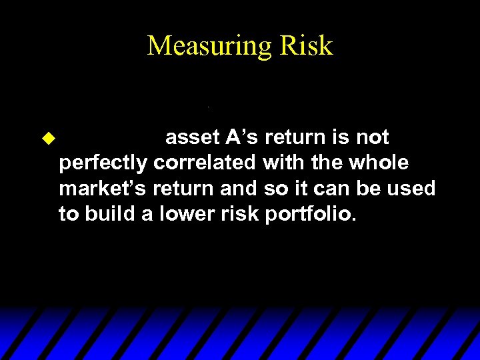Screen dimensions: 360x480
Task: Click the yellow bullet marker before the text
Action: tap(47, 139)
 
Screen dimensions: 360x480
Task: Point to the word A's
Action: tap(242, 137)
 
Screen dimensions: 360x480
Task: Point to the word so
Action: tap(273, 189)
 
